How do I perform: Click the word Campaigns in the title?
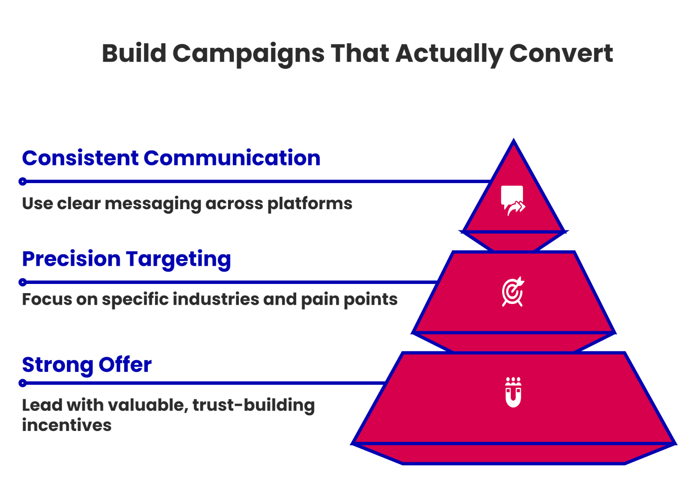pyautogui.click(x=248, y=54)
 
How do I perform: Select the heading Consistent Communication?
pyautogui.click(x=171, y=158)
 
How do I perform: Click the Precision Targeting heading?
pyautogui.click(x=126, y=260)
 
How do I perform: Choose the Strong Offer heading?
pyautogui.click(x=87, y=365)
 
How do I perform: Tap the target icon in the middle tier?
pyautogui.click(x=513, y=292)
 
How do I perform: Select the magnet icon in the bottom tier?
pyautogui.click(x=513, y=392)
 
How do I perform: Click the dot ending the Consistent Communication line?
pyautogui.click(x=23, y=181)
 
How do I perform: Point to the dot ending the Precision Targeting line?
pyautogui.click(x=23, y=282)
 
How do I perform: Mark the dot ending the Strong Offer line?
pyautogui.click(x=23, y=383)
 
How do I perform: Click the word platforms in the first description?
pyautogui.click(x=310, y=204)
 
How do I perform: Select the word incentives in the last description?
pyautogui.click(x=67, y=425)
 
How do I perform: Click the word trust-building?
pyautogui.click(x=253, y=405)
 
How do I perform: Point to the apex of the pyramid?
pyautogui.click(x=513, y=141)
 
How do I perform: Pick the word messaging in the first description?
pyautogui.click(x=153, y=204)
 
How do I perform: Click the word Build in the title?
pyautogui.click(x=134, y=54)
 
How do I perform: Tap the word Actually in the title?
pyautogui.click(x=449, y=54)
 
